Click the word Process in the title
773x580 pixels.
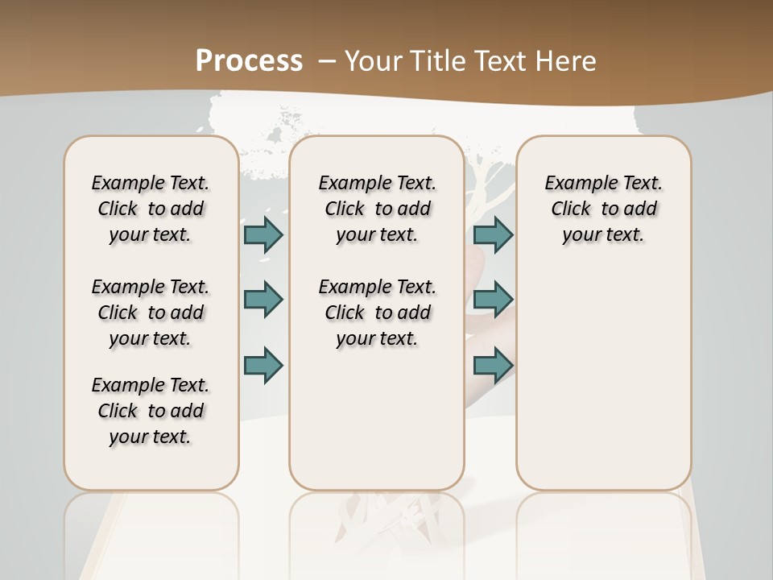click(x=249, y=60)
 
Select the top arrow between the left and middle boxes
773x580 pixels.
click(x=263, y=234)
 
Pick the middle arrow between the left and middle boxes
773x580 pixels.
click(x=263, y=300)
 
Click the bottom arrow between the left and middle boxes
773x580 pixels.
click(x=263, y=365)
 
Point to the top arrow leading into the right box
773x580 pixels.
click(x=493, y=234)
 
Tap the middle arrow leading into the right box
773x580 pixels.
click(x=493, y=300)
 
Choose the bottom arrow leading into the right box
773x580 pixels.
click(x=493, y=365)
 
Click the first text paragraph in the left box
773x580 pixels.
click(x=151, y=209)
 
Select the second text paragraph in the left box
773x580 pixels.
click(x=151, y=313)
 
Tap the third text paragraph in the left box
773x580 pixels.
click(x=151, y=411)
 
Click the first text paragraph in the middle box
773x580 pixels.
click(x=377, y=209)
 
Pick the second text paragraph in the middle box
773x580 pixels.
click(x=377, y=313)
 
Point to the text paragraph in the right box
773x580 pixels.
click(x=603, y=209)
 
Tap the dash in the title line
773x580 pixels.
click(x=327, y=60)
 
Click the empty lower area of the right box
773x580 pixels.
click(x=603, y=379)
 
